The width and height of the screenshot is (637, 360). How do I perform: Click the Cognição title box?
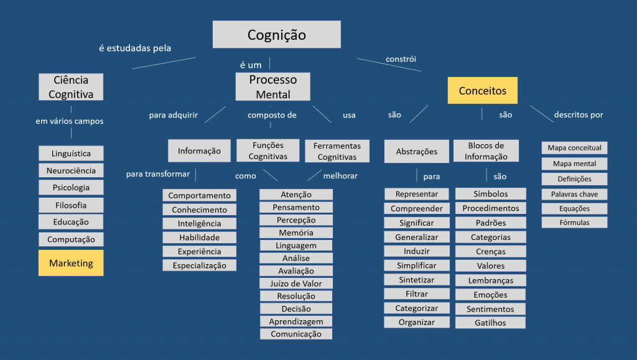277,34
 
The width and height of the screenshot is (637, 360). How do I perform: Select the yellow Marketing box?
71,263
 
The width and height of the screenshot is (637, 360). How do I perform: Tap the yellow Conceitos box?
483,91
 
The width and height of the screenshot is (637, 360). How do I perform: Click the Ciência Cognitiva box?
71,87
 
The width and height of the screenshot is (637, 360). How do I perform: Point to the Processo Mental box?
273,87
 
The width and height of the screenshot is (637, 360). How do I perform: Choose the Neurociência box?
71,170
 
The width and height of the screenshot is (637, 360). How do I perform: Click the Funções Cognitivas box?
268,150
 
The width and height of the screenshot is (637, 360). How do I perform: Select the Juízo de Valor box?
296,284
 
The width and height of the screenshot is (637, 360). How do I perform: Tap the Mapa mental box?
574,164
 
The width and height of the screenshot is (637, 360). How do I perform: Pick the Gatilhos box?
490,323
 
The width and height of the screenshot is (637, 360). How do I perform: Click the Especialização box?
200,265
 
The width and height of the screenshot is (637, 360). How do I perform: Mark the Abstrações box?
417,151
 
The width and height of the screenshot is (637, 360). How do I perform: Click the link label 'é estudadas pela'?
135,48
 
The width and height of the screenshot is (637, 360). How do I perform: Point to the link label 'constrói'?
401,59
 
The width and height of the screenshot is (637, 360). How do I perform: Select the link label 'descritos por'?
579,114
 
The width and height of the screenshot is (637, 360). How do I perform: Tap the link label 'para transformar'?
157,173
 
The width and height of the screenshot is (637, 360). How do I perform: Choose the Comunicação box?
296,334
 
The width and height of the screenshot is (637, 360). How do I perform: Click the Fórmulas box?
574,223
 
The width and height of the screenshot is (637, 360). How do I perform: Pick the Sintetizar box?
417,280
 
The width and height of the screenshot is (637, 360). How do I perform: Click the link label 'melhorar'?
340,176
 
